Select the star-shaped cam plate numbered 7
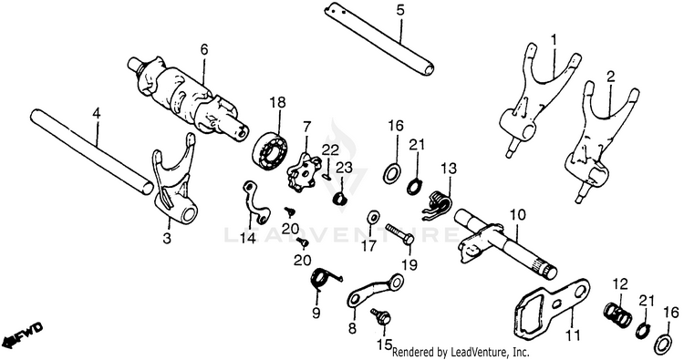(x=305, y=173)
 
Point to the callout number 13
(x=448, y=169)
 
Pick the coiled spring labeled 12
(x=616, y=314)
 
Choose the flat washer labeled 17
(x=373, y=216)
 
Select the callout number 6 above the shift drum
(x=204, y=50)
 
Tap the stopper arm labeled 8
(x=374, y=290)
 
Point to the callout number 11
(x=573, y=335)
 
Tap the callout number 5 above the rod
(x=400, y=10)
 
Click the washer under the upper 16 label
(x=392, y=172)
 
